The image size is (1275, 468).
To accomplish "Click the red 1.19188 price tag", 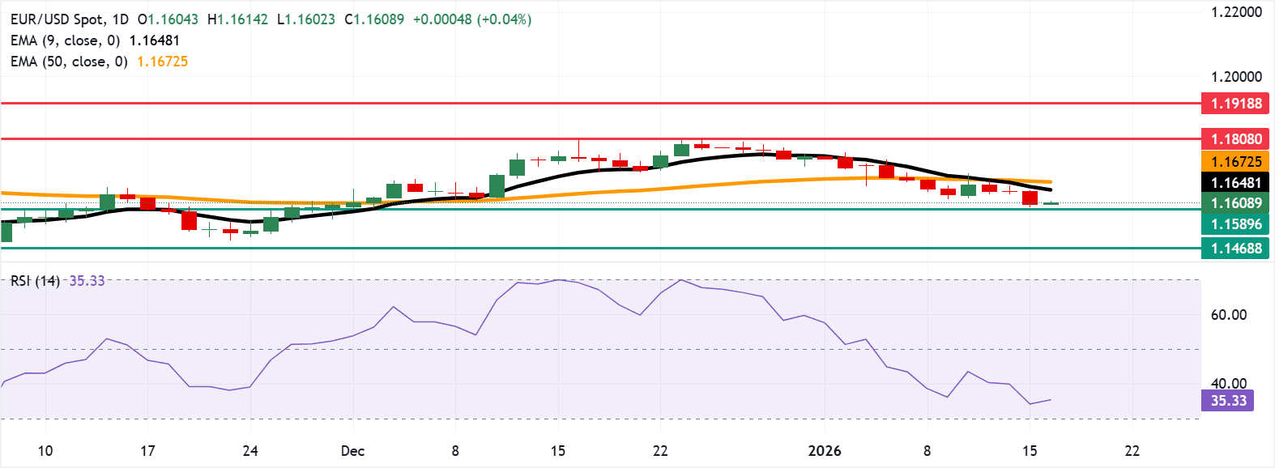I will (1235, 104).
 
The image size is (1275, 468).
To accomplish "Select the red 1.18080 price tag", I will (1235, 139).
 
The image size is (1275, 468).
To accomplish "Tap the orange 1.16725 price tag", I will (1235, 162).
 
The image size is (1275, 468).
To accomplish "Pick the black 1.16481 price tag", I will (1235, 183).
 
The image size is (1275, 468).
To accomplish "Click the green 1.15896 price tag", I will (1235, 224).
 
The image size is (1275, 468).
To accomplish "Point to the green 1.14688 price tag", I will (1235, 249).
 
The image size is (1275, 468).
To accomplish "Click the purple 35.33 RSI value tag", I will (1228, 401).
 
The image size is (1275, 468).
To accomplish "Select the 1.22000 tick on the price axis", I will (1236, 12).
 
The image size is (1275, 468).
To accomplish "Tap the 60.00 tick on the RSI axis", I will (1228, 315).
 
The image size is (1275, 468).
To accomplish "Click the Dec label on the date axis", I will (352, 451).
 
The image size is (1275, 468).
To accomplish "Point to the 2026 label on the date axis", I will (825, 451).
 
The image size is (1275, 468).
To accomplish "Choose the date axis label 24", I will (250, 451).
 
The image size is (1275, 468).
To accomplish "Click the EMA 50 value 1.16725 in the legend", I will (162, 62).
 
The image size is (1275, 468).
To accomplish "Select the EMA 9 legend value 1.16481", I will (154, 40).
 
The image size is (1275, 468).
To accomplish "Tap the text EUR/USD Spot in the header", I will (58, 19).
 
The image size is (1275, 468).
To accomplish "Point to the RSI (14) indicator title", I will (35, 281).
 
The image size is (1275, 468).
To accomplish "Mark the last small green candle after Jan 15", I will (1051, 203).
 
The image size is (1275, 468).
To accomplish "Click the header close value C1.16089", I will (374, 19).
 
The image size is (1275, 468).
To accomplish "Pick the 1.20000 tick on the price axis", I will (1236, 77).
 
